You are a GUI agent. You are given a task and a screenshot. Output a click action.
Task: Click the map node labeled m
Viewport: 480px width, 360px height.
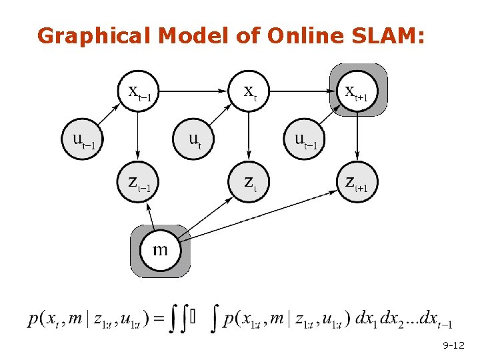[160, 251]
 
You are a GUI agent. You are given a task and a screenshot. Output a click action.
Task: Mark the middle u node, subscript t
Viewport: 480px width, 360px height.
[194, 139]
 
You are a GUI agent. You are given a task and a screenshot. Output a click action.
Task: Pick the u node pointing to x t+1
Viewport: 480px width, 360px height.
[304, 139]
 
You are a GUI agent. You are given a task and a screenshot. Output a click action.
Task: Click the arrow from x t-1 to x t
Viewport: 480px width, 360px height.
[193, 90]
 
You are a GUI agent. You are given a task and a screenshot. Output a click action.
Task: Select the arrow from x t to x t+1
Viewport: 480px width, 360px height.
[303, 90]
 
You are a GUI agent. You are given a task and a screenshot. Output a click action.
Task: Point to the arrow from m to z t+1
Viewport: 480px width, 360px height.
[260, 213]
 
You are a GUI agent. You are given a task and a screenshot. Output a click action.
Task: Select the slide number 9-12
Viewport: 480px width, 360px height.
[453, 346]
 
